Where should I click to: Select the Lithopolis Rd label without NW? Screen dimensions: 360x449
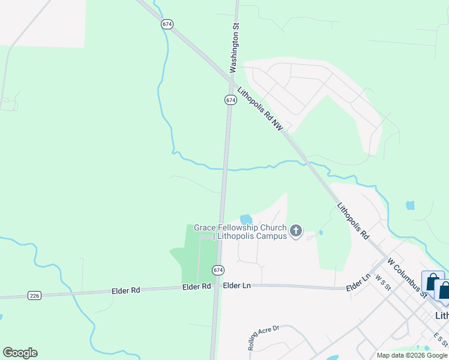coord(353,221)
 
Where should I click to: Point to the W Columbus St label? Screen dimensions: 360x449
coord(408,278)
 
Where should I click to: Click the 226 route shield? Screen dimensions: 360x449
coord(34,295)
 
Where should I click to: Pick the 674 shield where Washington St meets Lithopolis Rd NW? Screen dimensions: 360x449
coord(231,100)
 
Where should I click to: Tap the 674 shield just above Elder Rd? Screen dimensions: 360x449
coord(217,270)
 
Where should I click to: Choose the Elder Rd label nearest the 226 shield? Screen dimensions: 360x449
coord(125,290)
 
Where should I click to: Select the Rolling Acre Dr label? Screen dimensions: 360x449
coord(264,338)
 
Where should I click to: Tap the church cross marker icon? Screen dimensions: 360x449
coord(295,231)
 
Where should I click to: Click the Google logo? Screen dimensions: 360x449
coord(20,353)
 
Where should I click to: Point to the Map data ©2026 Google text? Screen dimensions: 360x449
coord(412,355)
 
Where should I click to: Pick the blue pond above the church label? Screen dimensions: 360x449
coord(246,220)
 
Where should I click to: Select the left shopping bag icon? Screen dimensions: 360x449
coord(432,283)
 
